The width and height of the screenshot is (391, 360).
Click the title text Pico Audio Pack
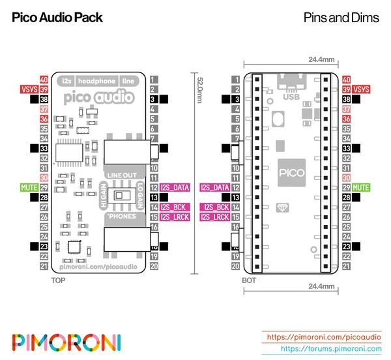point(57,18)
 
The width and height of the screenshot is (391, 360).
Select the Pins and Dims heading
point(341,18)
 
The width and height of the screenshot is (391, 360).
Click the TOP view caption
point(58,280)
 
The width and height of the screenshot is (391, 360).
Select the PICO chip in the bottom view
point(291,173)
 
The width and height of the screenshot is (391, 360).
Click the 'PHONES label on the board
point(119,215)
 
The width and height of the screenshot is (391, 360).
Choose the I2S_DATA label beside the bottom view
point(215,187)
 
